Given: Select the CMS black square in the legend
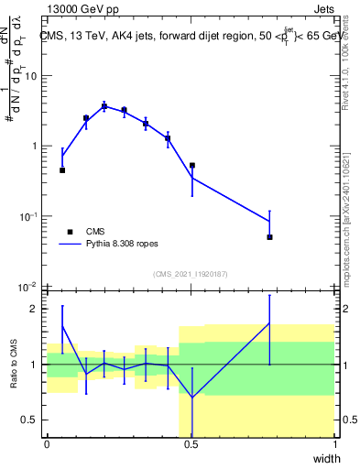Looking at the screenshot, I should (x=70, y=233).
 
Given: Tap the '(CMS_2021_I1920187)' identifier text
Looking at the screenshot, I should (x=191, y=272).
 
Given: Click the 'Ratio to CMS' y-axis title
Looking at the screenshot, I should (x=14, y=364).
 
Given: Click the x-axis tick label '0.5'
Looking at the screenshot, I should (x=191, y=444).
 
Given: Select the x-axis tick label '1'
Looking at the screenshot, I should (x=334, y=444).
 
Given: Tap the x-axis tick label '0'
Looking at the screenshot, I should (x=48, y=444).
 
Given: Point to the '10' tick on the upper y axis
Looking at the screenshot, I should (x=31, y=76).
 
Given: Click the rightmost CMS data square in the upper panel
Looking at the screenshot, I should (x=270, y=237).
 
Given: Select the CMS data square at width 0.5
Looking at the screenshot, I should (x=192, y=166).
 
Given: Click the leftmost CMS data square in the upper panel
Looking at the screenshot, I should (x=62, y=170).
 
